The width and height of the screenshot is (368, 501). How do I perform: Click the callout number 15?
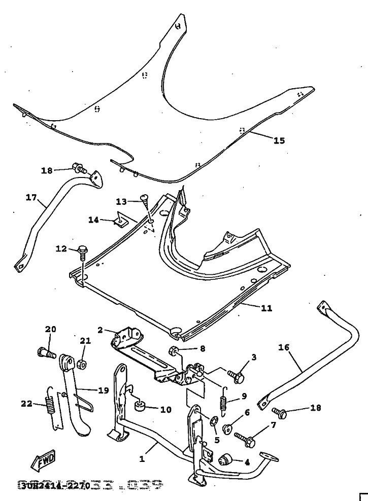(x=279, y=140)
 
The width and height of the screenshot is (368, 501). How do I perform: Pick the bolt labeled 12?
(x=83, y=250)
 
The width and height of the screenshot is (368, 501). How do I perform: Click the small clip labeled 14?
(x=121, y=220)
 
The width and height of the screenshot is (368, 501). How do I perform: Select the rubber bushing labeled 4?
(x=224, y=461)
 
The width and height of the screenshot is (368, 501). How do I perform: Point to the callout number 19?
(x=103, y=390)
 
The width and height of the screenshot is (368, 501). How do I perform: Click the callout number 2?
(x=100, y=330)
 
